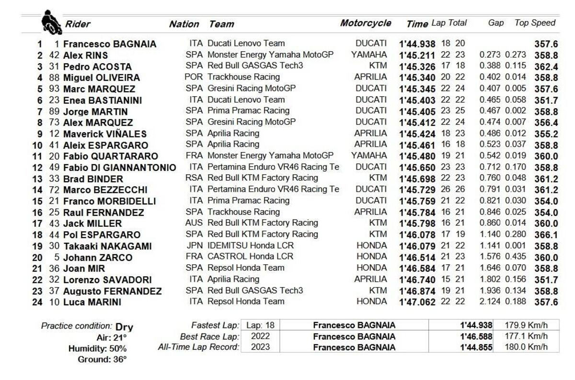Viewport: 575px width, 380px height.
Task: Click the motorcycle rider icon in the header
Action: click(51, 22)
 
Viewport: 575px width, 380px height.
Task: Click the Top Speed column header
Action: click(535, 23)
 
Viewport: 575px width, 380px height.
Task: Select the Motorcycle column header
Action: click(366, 23)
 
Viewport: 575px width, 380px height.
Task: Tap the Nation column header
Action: click(184, 24)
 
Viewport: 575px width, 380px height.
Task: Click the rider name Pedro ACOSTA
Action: click(97, 67)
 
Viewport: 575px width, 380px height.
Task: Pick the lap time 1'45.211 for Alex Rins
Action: click(417, 56)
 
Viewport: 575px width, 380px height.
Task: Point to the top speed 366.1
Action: click(546, 235)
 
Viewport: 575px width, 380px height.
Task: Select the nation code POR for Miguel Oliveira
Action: click(194, 77)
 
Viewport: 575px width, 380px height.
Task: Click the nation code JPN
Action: click(194, 246)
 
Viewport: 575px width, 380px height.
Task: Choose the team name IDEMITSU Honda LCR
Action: click(251, 246)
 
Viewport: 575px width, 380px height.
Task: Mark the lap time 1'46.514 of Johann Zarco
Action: click(417, 257)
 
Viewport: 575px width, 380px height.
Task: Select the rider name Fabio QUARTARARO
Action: click(110, 156)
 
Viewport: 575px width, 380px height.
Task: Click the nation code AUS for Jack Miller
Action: click(194, 223)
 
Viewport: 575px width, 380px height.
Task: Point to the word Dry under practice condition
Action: click(124, 327)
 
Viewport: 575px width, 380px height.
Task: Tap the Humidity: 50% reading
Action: click(97, 348)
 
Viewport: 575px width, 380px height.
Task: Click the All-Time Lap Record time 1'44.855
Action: click(476, 347)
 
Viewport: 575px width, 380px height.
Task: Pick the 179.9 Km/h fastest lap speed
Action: click(526, 325)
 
